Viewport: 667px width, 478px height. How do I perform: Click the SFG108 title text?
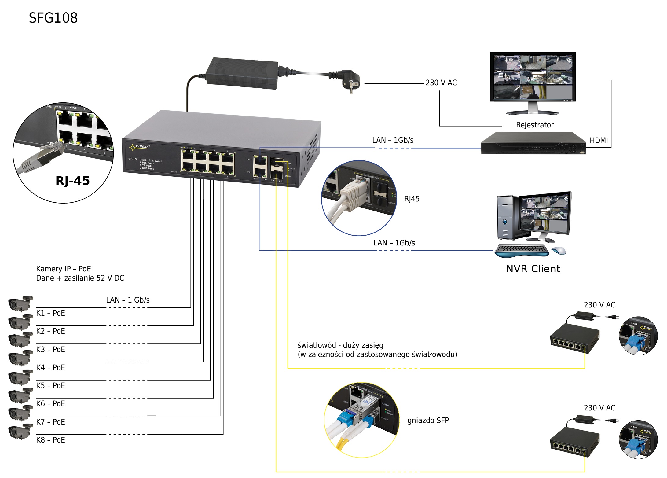tap(53, 18)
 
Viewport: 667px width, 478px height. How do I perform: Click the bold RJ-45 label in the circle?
tap(72, 181)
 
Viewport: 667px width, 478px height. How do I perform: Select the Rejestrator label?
tap(534, 125)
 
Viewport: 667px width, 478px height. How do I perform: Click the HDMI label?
tap(599, 140)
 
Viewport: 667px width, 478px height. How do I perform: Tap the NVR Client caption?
tap(533, 269)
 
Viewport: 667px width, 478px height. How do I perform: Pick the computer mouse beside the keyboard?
tap(559, 250)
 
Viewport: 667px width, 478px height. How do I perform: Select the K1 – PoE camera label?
tap(50, 313)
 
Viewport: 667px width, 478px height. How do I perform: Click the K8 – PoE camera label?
tap(50, 440)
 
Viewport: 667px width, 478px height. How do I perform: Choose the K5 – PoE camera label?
tap(50, 385)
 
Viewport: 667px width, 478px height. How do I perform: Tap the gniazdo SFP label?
tap(428, 420)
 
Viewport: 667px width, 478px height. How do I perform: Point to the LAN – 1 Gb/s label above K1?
tap(128, 300)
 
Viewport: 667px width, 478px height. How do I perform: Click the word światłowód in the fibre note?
tap(317, 345)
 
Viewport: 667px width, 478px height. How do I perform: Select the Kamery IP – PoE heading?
tap(63, 269)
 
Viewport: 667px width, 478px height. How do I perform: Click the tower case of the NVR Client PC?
tap(506, 218)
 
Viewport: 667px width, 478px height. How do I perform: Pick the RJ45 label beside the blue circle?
tap(412, 199)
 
